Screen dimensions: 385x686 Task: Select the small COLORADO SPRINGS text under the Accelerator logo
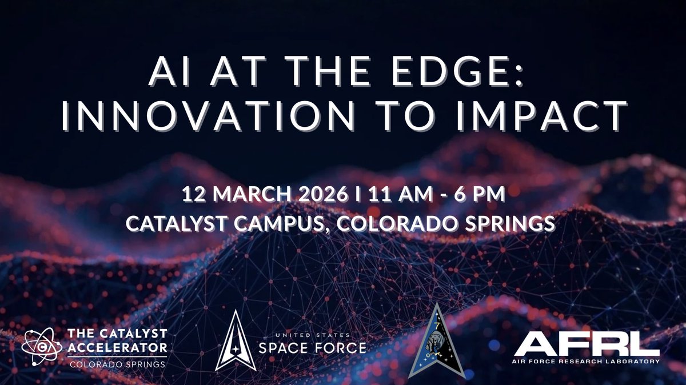tap(117, 363)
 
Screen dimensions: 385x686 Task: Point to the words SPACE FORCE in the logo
tap(312, 348)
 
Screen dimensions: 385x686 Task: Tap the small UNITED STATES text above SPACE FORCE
tap(312, 335)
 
